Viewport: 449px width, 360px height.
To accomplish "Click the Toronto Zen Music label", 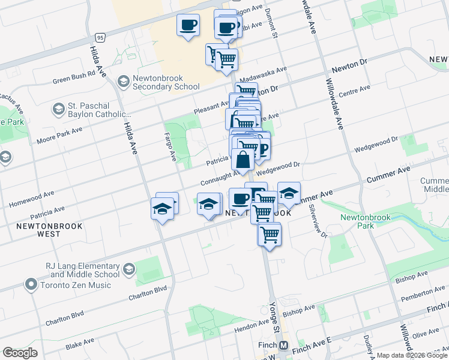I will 76,285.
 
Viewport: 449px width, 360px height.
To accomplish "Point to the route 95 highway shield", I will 100,37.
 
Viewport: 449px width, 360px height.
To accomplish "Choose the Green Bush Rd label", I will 74,78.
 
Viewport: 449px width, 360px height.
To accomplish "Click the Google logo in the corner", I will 20,353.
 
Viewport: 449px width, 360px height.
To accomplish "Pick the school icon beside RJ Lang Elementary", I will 128,271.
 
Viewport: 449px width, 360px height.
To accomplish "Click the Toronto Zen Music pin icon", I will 31,284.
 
